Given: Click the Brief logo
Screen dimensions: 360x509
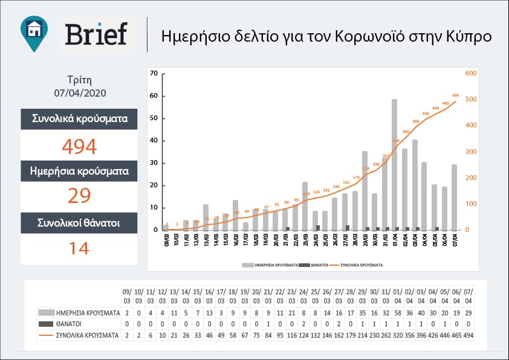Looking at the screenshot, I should click(97, 34).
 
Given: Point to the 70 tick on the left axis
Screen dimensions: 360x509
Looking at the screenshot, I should click(154, 74).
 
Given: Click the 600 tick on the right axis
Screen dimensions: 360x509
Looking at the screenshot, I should click(470, 74).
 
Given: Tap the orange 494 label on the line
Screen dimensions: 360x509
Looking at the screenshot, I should click(455, 95).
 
